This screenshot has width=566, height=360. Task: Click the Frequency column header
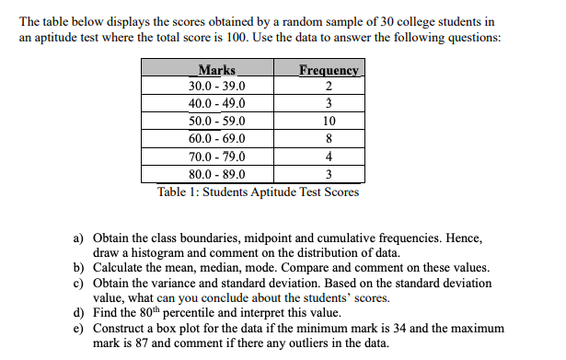[329, 71]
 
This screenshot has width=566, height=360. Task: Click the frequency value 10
[329, 121]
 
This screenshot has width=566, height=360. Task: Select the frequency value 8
[329, 138]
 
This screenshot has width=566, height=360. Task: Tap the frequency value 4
[329, 156]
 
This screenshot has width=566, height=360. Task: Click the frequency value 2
[329, 87]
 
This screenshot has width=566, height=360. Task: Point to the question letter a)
[80, 238]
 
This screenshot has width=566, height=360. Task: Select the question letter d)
[80, 313]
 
